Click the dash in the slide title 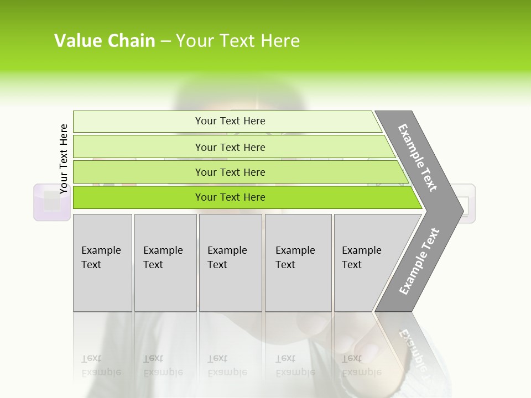(165, 41)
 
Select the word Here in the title (280, 41)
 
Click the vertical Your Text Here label (64, 159)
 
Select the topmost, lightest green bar (230, 121)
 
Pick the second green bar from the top (230, 147)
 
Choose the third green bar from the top (230, 172)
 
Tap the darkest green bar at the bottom (230, 197)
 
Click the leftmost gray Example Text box (102, 263)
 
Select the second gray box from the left (165, 263)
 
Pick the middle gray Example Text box (230, 263)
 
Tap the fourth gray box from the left (298, 263)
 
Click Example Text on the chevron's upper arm (418, 158)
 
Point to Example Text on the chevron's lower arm (419, 261)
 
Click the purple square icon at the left (52, 202)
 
